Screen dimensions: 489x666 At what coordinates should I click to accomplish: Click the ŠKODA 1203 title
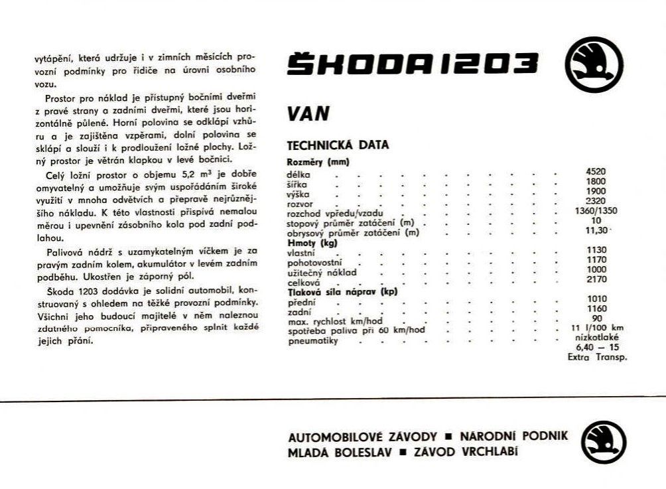[413, 64]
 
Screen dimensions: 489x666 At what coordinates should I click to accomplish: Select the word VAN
[308, 114]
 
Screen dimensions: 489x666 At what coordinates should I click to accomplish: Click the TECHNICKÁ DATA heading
[338, 145]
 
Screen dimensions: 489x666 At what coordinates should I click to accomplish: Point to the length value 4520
[596, 171]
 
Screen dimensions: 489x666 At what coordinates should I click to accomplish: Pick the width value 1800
[596, 181]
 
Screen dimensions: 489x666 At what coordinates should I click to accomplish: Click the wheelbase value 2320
[596, 201]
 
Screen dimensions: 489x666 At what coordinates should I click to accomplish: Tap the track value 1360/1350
[596, 211]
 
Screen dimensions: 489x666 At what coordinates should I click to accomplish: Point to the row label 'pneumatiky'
[313, 341]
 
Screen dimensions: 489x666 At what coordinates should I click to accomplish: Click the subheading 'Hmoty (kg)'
[312, 243]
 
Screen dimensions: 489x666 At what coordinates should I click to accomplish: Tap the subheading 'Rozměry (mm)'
[318, 161]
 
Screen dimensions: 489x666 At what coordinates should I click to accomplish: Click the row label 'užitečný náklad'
[322, 273]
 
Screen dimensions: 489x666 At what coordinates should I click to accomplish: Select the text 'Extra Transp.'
[598, 357]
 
